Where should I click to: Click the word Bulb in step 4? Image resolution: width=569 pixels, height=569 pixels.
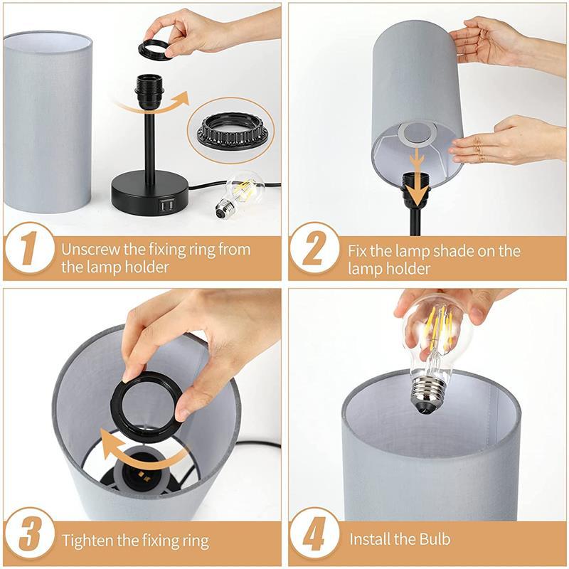[435, 539]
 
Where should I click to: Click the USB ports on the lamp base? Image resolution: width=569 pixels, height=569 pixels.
[166, 206]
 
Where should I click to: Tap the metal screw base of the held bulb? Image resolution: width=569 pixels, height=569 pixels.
[430, 395]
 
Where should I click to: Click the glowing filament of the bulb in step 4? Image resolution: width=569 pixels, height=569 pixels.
[438, 329]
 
